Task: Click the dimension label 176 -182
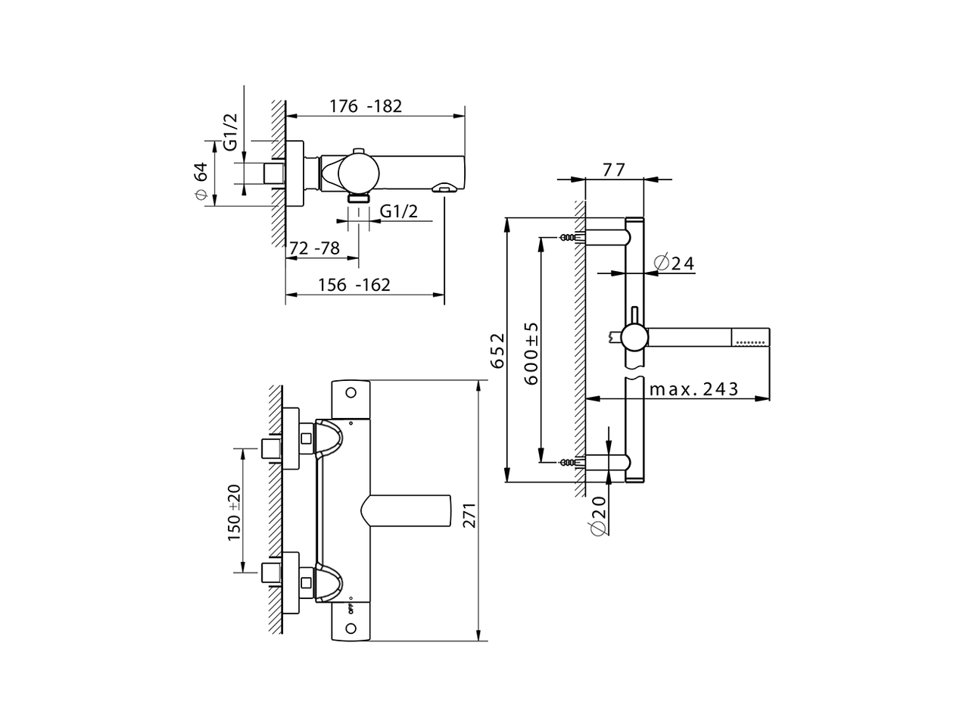366,106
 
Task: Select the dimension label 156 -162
354,285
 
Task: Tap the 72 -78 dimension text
315,248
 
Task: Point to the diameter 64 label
201,181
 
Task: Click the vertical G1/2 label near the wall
231,130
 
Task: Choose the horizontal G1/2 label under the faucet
398,211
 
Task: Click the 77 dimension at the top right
614,170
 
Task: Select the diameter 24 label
673,263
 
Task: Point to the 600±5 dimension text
531,352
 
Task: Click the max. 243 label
694,389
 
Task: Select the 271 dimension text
468,516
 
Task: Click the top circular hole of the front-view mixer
350,392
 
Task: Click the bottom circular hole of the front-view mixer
350,628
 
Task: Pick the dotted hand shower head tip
751,337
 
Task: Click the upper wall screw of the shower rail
567,238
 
